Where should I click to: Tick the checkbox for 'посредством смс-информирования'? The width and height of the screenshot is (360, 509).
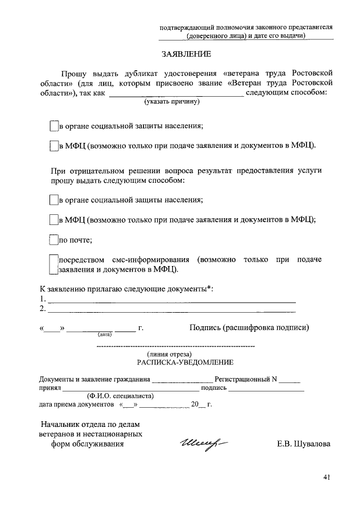coord(54,264)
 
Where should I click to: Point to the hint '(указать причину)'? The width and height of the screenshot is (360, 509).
coord(171,102)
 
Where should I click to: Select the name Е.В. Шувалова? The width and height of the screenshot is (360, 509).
coord(304,444)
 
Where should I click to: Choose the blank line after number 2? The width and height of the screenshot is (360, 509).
coord(172,309)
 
